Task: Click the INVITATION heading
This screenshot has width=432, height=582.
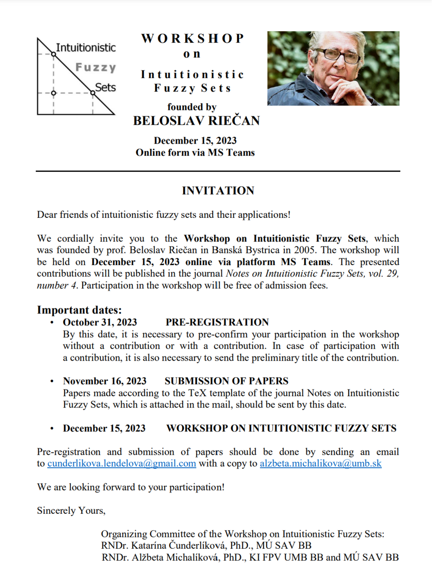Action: (218, 190)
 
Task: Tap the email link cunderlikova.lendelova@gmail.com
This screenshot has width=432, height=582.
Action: (121, 464)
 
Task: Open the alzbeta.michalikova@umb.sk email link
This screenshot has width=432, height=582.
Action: (321, 464)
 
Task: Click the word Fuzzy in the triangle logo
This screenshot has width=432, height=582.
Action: (96, 67)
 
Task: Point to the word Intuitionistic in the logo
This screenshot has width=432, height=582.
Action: (86, 48)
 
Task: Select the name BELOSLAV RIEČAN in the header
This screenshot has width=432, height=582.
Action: (196, 121)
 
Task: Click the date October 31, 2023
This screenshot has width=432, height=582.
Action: (100, 322)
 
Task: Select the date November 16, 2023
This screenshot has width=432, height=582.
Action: (105, 381)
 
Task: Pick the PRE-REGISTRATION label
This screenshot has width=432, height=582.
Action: (217, 322)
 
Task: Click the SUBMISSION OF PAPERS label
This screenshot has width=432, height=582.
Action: (226, 381)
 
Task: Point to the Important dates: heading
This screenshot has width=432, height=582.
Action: (79, 310)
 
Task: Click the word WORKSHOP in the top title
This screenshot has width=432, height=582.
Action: (193, 38)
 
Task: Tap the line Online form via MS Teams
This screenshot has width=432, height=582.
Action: (195, 153)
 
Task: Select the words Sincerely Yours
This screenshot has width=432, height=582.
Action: (71, 511)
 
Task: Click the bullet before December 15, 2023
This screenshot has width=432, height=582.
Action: (52, 429)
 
